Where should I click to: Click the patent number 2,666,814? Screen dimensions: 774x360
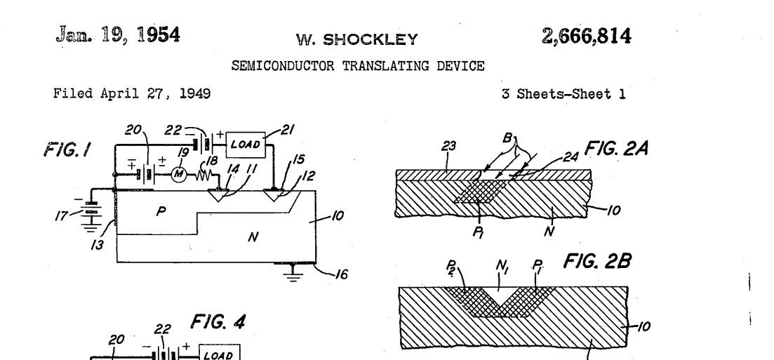pos(586,36)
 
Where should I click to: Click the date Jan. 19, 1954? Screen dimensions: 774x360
pos(118,35)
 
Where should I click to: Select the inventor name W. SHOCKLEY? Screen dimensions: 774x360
pos(357,40)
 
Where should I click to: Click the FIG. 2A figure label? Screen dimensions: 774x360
pos(616,147)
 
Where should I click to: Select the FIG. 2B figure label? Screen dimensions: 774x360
pos(596,261)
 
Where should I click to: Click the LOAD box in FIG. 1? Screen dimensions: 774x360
pos(246,145)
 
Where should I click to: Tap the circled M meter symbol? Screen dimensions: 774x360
pos(179,174)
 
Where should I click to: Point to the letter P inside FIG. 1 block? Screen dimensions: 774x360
pos(161,211)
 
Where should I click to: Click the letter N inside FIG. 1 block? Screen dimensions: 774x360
pos(253,237)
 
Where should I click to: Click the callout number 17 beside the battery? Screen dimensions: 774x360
pos(62,215)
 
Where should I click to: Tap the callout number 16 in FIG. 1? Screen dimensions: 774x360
pos(341,274)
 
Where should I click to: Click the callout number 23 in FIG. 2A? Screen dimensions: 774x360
pos(448,146)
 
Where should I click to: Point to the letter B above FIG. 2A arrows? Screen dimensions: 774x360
pos(507,138)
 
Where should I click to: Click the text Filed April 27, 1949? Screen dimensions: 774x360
pos(132,93)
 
